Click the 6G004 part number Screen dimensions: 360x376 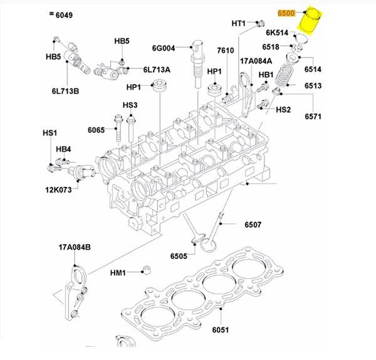[x=163, y=47]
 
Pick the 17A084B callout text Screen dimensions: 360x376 [x=75, y=247]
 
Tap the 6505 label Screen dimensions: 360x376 [x=179, y=256]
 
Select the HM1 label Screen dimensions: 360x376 [x=118, y=273]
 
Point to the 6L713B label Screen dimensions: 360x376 [x=65, y=92]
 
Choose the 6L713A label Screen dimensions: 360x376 [x=157, y=69]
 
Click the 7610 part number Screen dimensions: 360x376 [x=226, y=50]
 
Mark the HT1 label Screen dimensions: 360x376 [x=239, y=23]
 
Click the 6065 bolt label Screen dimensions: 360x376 [x=97, y=130]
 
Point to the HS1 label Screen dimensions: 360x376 [x=50, y=133]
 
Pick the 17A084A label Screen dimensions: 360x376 [x=256, y=61]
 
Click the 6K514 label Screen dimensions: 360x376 [x=276, y=33]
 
